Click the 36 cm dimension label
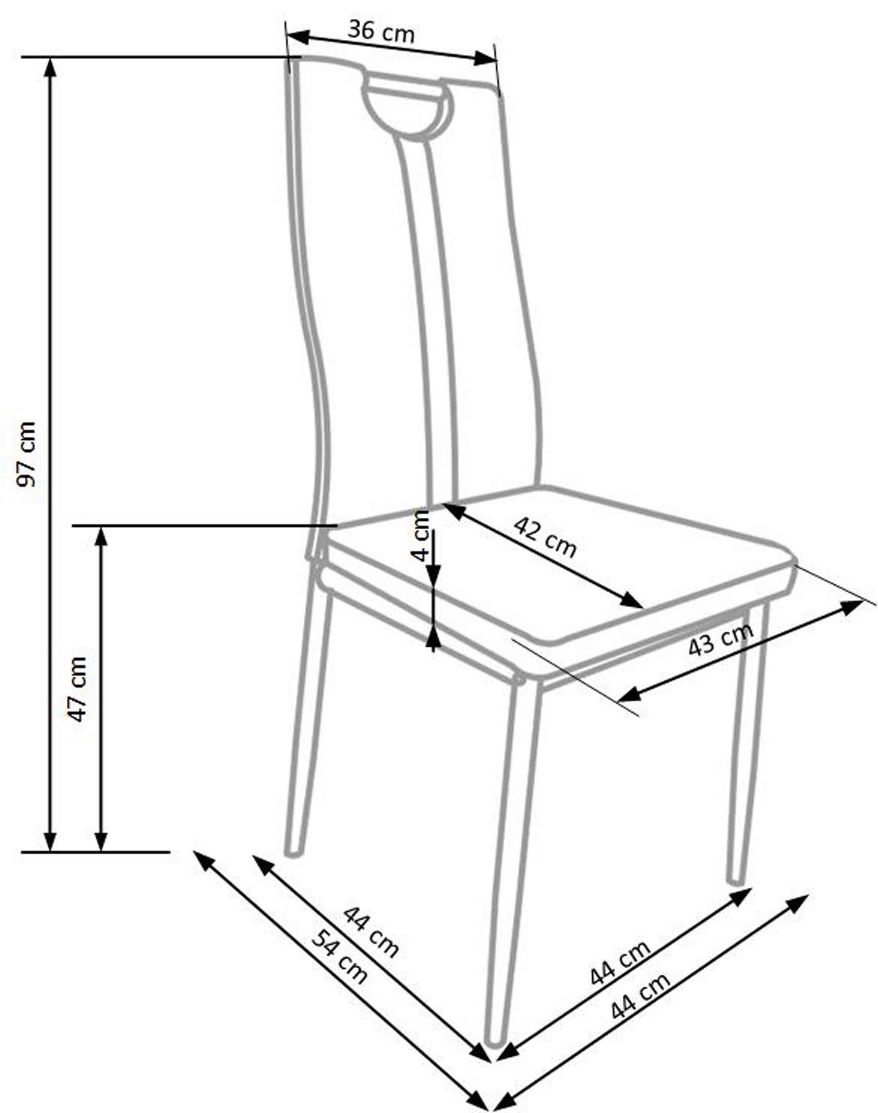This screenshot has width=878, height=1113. coord(380,32)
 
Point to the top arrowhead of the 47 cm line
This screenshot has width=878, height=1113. coord(101,536)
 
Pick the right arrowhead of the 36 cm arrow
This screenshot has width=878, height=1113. coord(485,59)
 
